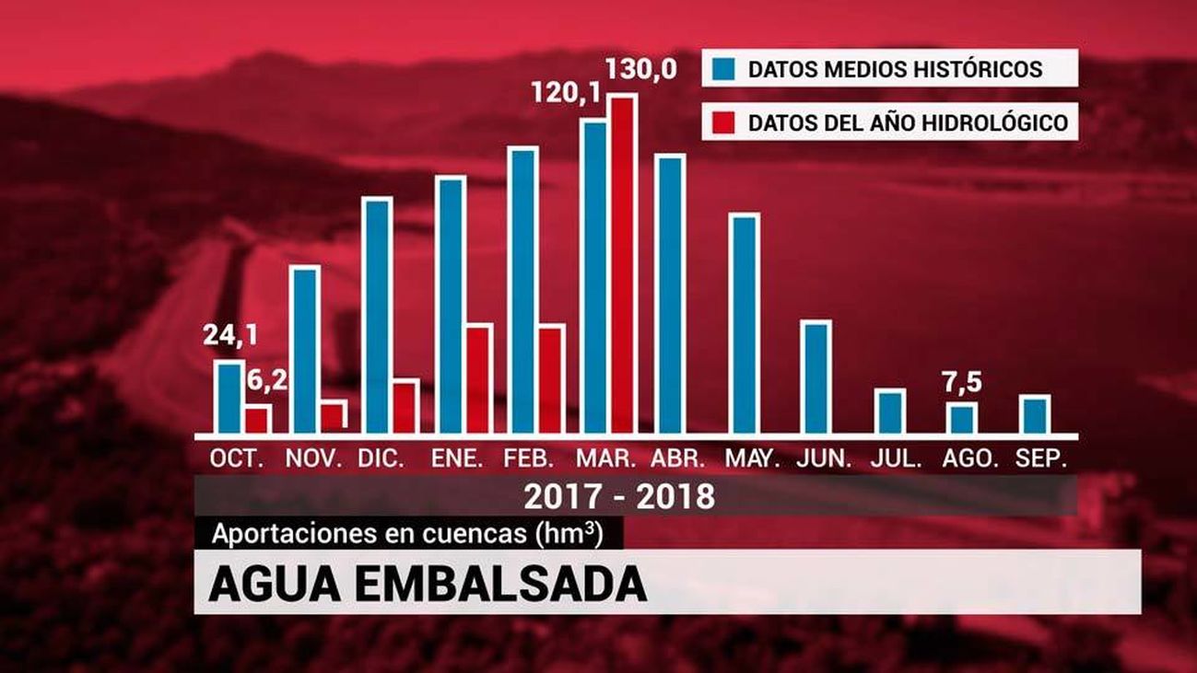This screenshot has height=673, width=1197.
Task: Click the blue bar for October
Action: tap(229, 397)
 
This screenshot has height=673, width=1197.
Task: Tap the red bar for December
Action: tap(405, 406)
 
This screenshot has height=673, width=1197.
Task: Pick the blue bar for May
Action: tap(744, 323)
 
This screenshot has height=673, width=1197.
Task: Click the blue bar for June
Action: tap(816, 377)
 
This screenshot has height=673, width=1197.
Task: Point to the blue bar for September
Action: tap(1036, 414)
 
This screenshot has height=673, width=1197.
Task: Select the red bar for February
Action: tap(550, 378)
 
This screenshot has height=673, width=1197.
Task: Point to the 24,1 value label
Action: tap(230, 336)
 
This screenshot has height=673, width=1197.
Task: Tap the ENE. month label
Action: tap(457, 458)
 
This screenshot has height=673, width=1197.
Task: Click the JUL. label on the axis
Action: tap(896, 458)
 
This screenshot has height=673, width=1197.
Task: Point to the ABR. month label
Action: tap(678, 458)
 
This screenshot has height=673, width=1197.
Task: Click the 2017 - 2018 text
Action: tap(619, 496)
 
